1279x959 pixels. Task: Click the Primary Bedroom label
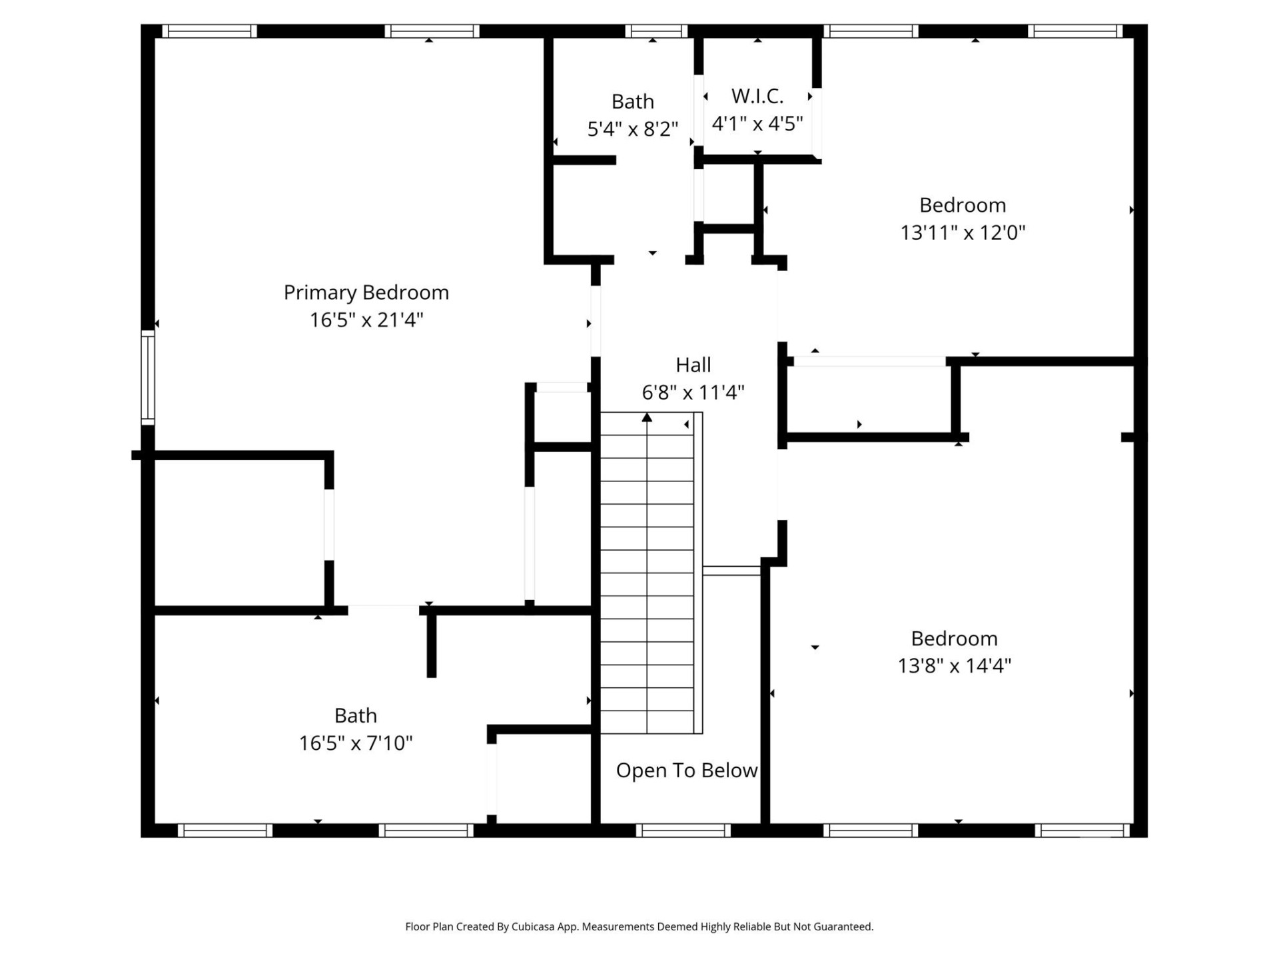366,292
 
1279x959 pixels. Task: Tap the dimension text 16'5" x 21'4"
366,320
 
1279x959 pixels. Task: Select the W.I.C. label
757,97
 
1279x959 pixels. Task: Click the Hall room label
693,365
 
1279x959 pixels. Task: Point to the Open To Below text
686,771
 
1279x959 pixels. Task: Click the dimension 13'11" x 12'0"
962,232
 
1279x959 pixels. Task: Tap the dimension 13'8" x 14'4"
954,665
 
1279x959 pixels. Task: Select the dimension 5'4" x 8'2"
632,129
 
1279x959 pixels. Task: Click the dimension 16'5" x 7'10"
355,743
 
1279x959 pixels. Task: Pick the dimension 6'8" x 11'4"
693,392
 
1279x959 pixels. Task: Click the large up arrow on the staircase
647,418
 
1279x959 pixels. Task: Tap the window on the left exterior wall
148,377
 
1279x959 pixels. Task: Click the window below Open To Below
683,830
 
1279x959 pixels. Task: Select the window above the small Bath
655,31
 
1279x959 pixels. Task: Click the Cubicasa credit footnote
639,926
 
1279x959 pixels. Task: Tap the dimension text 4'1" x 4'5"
757,124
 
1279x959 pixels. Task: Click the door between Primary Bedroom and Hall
596,321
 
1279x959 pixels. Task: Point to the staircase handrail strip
698,573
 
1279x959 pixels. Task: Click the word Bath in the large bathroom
355,715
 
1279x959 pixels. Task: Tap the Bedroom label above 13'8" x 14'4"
954,639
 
